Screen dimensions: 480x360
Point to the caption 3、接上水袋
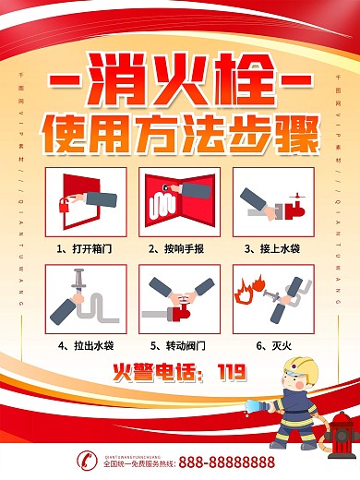[270, 248]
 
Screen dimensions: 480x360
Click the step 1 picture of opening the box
[88, 200]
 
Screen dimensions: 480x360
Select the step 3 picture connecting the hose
[270, 200]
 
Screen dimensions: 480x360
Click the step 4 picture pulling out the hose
[88, 298]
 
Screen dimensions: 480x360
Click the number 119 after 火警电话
[232, 373]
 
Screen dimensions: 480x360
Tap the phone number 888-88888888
[226, 461]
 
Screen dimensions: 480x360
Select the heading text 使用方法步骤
[180, 134]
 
